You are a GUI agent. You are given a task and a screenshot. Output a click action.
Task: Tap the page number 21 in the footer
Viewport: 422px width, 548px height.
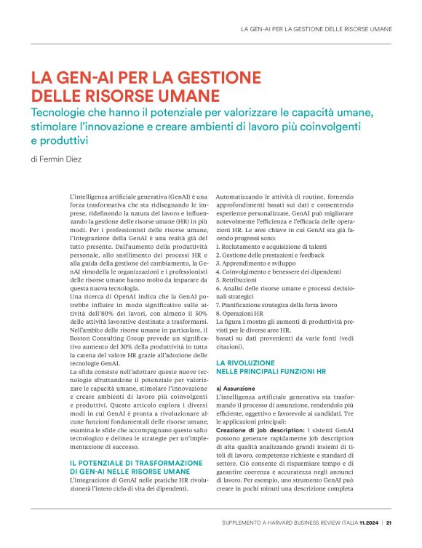coord(389,522)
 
